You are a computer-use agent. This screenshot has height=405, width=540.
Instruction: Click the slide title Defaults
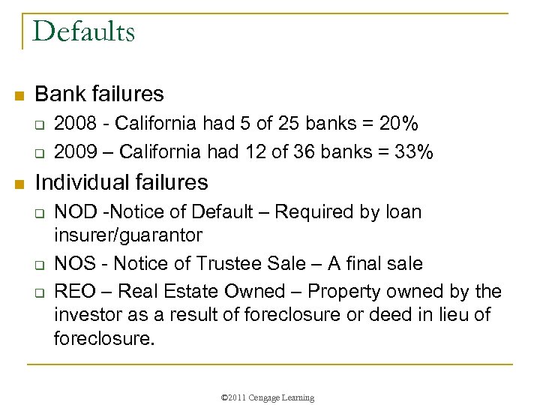(x=84, y=31)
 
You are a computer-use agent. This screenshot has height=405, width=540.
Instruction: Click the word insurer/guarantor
(x=128, y=235)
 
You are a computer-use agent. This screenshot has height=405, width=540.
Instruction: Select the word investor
(x=88, y=315)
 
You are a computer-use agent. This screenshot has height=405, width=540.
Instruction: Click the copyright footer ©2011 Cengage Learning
(x=269, y=397)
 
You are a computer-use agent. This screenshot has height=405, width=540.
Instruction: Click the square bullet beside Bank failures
(x=19, y=95)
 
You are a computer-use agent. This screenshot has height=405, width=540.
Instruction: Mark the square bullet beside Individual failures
(x=19, y=183)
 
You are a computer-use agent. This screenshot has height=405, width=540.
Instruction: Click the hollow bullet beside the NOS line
(x=42, y=264)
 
